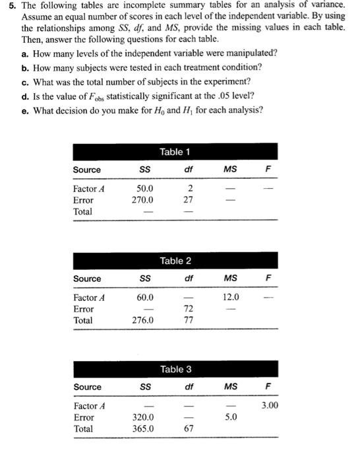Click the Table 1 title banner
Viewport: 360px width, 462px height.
point(175,152)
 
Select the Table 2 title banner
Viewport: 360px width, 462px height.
point(175,261)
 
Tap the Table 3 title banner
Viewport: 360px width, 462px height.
point(175,369)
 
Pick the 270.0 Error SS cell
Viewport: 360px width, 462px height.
point(143,200)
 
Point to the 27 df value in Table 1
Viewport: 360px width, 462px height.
point(188,200)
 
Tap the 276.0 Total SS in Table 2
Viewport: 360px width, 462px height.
point(143,320)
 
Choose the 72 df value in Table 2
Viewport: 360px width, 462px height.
point(188,309)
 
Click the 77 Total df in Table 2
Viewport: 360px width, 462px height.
point(188,320)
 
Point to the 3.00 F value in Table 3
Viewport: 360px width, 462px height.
point(269,406)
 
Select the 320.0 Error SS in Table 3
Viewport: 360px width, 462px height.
point(143,417)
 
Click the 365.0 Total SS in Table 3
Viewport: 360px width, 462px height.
point(143,428)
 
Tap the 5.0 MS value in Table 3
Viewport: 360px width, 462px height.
point(231,417)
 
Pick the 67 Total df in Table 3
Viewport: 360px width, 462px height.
point(188,428)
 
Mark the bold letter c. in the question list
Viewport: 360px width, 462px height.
point(24,81)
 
